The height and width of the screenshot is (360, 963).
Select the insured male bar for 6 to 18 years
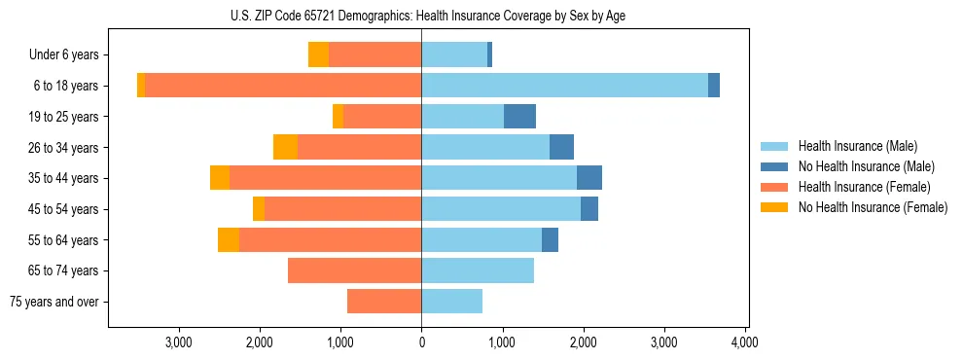point(564,86)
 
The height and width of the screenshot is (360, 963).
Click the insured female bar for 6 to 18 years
point(282,86)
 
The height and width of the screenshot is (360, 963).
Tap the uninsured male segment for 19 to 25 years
point(519,117)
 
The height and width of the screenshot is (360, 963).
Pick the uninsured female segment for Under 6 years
point(318,54)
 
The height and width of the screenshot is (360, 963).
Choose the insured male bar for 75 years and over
point(451,302)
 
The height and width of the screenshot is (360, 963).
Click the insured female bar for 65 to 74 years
point(354,270)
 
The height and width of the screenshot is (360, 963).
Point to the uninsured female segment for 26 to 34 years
point(285,147)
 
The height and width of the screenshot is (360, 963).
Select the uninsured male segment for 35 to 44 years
point(589,178)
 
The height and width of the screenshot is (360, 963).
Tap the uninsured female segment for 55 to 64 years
point(229,239)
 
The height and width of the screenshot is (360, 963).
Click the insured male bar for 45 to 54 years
point(501,209)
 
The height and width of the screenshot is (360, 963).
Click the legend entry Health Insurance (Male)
point(857,146)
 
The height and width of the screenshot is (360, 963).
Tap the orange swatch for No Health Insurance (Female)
point(774,207)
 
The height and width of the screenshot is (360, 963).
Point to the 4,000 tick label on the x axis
point(744,342)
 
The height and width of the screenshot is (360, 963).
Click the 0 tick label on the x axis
point(421,342)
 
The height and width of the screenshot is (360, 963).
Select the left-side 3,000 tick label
point(178,342)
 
